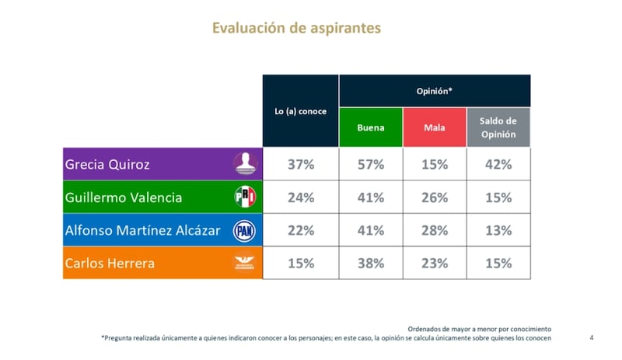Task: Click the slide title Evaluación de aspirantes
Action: (x=297, y=28)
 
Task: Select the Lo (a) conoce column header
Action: (x=300, y=110)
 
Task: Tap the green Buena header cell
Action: (x=371, y=127)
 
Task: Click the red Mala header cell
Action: (x=434, y=127)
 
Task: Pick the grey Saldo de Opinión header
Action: (x=498, y=127)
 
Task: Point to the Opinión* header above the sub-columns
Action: (x=435, y=90)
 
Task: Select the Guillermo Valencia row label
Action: (x=124, y=197)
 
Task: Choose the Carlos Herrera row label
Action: (x=110, y=263)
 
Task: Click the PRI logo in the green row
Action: (x=245, y=197)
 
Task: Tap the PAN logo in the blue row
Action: (x=245, y=230)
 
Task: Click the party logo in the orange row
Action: (x=245, y=264)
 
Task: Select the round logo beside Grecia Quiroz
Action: (x=245, y=164)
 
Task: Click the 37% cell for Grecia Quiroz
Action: (x=300, y=164)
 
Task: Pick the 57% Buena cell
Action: (x=371, y=164)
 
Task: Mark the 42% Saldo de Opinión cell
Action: (x=498, y=164)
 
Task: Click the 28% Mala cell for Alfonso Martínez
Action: (x=434, y=230)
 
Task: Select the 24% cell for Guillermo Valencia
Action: (x=300, y=197)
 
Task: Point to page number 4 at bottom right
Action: (x=592, y=337)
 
